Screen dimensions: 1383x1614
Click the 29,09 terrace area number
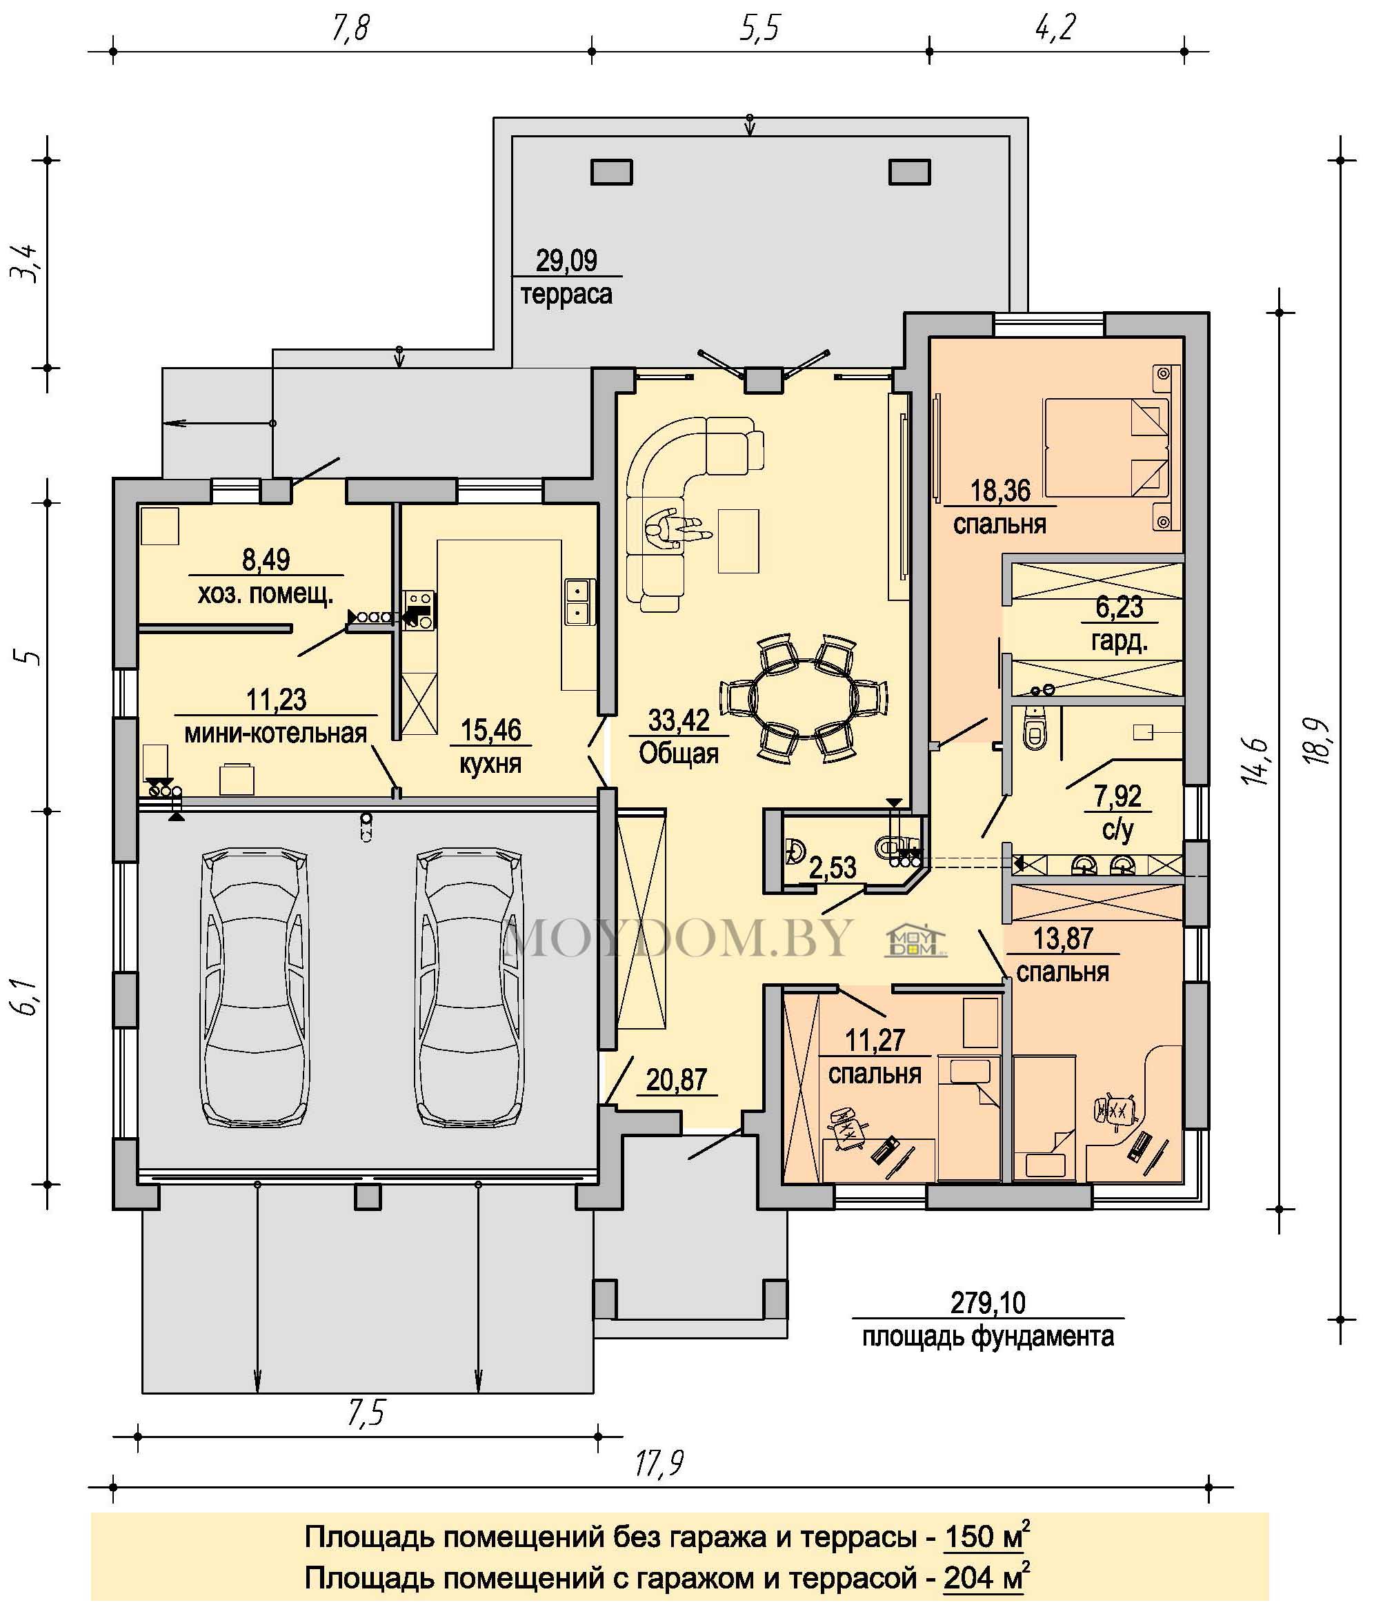566,260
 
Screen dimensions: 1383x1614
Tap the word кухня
490,763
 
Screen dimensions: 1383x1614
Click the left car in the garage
255,987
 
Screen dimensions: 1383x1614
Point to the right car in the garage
470,987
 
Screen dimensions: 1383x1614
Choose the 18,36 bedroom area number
1000,491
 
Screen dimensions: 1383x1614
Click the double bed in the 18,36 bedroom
1106,447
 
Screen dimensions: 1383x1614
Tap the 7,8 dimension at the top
350,28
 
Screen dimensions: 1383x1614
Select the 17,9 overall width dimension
659,1464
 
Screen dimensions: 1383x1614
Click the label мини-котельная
275,733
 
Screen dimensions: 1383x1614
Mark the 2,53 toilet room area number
833,867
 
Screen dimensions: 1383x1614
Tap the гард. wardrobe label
1119,642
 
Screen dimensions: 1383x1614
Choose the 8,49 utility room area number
266,560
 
